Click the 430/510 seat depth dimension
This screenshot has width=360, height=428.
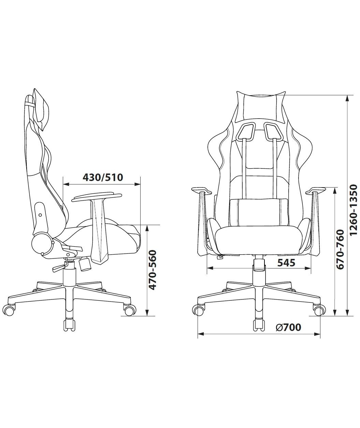pyautogui.click(x=103, y=178)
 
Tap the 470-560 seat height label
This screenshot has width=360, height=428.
pyautogui.click(x=152, y=270)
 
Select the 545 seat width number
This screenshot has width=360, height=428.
pyautogui.click(x=286, y=263)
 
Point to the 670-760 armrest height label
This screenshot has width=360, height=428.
pyautogui.click(x=340, y=249)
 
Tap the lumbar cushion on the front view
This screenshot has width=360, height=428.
pyautogui.click(x=259, y=212)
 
